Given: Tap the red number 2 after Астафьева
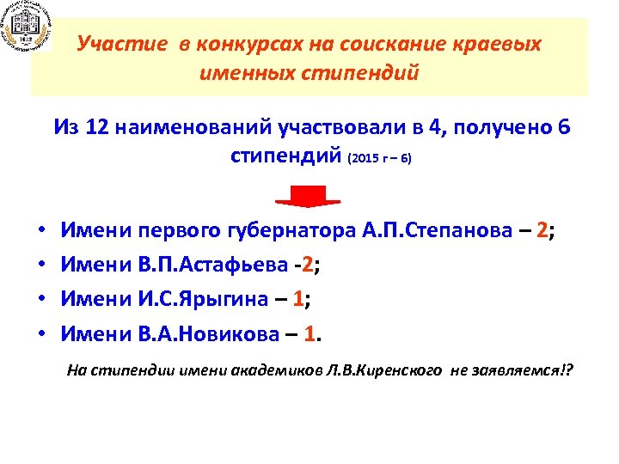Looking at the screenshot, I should pos(306,266).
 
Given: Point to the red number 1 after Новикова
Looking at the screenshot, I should pos(313,333).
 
